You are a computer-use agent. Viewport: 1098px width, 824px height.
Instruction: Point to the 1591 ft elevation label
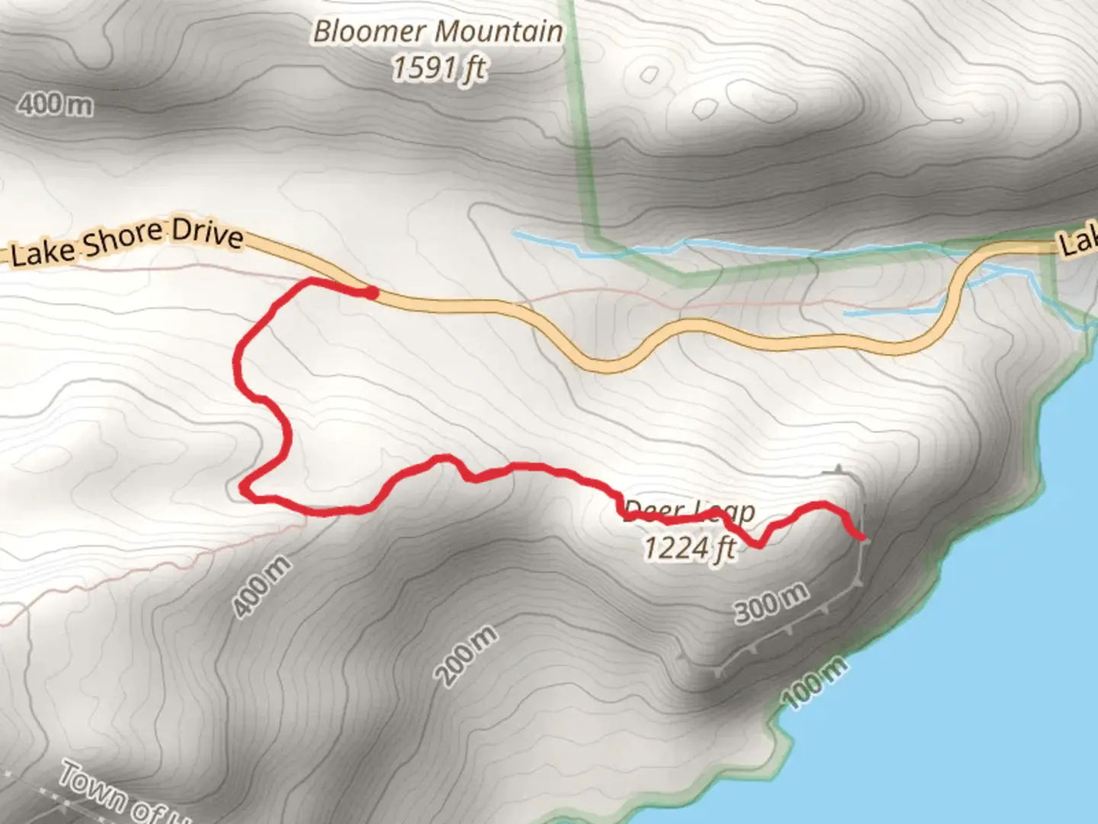click(438, 69)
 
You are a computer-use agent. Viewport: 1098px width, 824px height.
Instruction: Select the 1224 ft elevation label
click(690, 548)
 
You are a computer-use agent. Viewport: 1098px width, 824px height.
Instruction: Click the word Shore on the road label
click(123, 240)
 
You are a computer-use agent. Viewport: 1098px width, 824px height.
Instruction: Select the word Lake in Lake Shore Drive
click(42, 253)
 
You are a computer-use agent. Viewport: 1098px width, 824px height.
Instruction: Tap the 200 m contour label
click(466, 654)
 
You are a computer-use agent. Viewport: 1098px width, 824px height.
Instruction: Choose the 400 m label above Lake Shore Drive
click(54, 104)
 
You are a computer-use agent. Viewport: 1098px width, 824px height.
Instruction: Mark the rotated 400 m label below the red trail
click(262, 587)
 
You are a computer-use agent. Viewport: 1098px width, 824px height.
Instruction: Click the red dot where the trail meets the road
click(370, 292)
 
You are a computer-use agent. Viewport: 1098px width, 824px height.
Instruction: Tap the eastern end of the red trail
click(862, 537)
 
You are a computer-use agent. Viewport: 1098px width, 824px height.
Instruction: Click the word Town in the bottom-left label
click(91, 786)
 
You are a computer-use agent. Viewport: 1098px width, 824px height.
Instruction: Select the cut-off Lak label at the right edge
click(1079, 243)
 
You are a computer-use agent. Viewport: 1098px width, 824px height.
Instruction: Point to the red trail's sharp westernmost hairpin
click(244, 486)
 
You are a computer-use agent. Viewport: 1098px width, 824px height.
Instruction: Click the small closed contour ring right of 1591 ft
click(649, 75)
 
